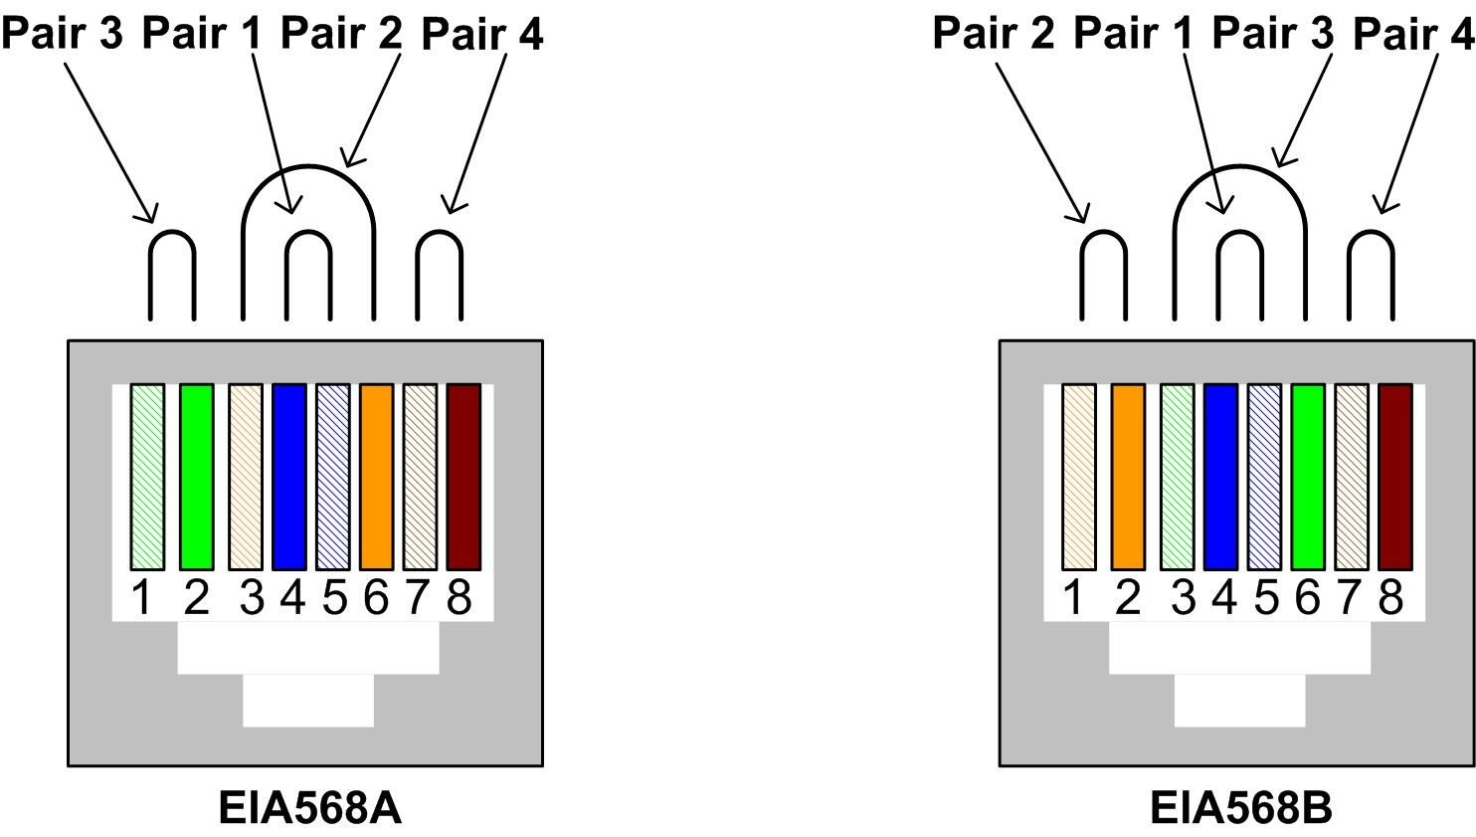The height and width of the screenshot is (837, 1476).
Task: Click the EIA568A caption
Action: (x=309, y=808)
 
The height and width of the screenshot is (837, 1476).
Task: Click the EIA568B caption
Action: (x=1240, y=808)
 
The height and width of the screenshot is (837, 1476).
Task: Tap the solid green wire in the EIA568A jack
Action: (x=197, y=477)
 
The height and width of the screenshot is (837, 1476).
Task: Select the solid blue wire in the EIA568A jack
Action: (x=288, y=477)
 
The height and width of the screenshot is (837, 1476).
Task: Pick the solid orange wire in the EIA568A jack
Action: (x=377, y=477)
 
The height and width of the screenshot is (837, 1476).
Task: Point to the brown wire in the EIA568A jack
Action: (x=463, y=477)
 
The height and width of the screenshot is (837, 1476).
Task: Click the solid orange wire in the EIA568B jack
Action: (x=1128, y=477)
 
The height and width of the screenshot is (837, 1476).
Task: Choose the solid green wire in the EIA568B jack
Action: (x=1308, y=477)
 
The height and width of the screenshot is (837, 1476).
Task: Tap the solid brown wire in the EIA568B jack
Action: (x=1394, y=477)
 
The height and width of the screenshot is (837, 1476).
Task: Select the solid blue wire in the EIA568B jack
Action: (x=1220, y=477)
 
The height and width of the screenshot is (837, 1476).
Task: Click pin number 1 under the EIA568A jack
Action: (x=142, y=598)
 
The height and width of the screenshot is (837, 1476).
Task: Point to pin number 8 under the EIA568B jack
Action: (x=1390, y=598)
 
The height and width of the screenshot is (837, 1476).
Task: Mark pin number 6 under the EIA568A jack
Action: (x=376, y=598)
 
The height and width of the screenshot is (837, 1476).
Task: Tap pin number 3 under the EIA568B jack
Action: (x=1183, y=598)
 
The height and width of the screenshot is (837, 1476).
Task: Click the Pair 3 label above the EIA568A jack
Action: (x=63, y=33)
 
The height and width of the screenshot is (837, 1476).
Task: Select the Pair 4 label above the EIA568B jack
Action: (x=1412, y=34)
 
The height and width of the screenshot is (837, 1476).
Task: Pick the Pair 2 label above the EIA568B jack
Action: (x=993, y=33)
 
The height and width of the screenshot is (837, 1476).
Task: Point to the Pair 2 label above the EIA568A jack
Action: (x=341, y=33)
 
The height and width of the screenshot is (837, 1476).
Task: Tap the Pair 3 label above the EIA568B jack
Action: (x=1272, y=33)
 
